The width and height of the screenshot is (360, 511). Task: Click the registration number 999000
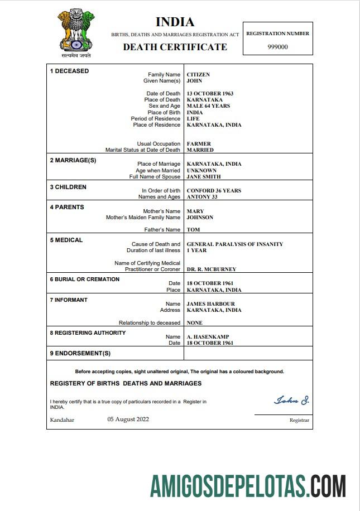click(278, 47)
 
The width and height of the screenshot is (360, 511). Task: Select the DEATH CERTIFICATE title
click(175, 47)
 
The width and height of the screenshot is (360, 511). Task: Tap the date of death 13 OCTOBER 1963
click(210, 94)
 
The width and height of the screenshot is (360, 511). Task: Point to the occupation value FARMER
click(199, 144)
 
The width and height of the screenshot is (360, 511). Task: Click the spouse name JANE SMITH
click(204, 177)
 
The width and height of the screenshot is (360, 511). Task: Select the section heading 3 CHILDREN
click(68, 187)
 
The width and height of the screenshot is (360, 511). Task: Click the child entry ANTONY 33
click(201, 197)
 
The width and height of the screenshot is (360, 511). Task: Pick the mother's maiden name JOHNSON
click(200, 218)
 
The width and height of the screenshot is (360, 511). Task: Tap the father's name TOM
click(193, 230)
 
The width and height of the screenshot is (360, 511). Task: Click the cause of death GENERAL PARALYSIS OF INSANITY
click(234, 244)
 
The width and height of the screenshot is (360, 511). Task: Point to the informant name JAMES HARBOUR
click(210, 304)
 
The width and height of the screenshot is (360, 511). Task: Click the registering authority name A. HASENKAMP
click(208, 337)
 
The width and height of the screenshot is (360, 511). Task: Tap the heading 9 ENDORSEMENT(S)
click(80, 353)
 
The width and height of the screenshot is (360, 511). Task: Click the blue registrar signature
click(291, 401)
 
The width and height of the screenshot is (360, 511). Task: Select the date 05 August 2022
click(128, 420)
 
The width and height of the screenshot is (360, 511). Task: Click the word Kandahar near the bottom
click(62, 420)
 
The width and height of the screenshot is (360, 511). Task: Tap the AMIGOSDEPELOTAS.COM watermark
click(248, 485)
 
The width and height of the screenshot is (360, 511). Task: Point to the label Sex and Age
click(164, 106)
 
